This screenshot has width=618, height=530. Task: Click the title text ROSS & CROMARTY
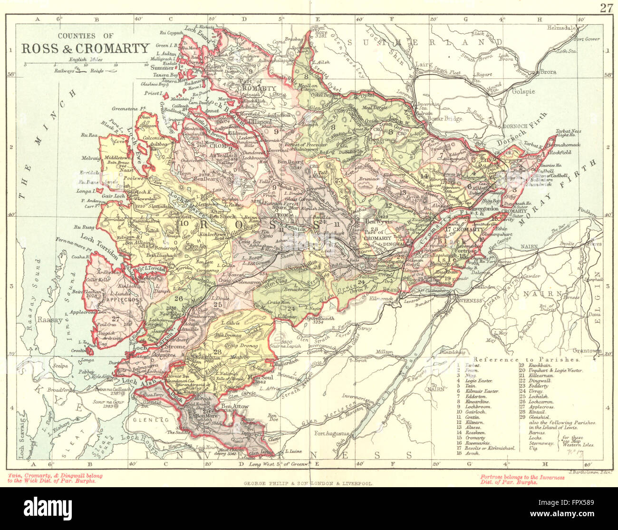(x=85, y=48)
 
